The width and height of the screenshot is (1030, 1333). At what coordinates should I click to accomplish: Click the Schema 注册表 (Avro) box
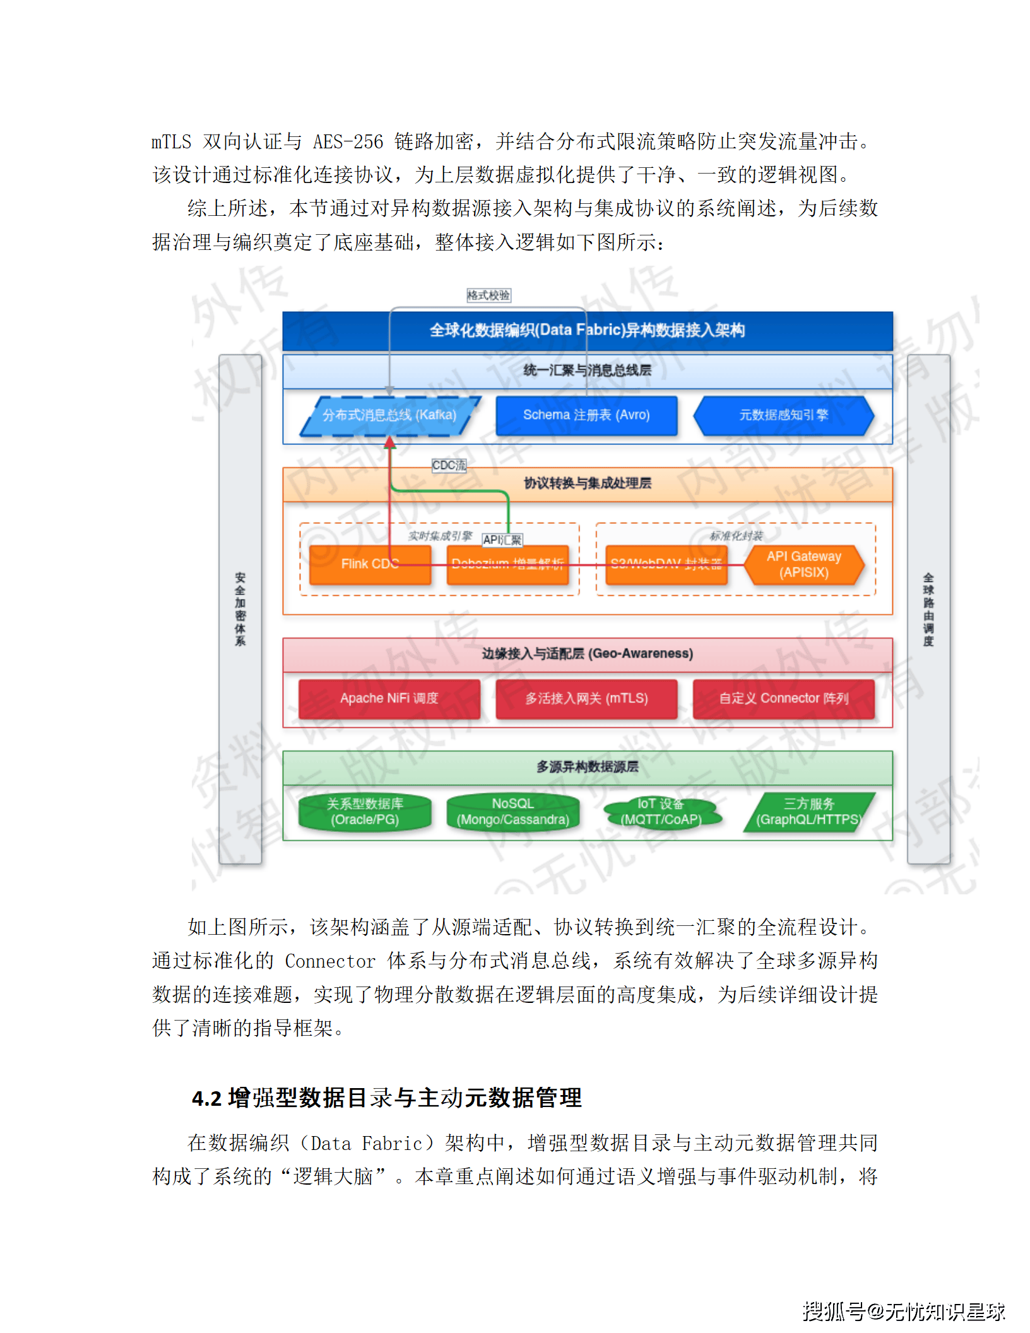pyautogui.click(x=586, y=415)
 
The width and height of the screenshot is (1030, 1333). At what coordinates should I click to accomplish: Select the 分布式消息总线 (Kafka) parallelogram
pyautogui.click(x=389, y=415)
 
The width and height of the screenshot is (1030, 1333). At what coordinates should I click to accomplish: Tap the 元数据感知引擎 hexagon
pyautogui.click(x=783, y=415)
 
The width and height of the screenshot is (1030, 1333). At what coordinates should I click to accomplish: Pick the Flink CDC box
pyautogui.click(x=370, y=564)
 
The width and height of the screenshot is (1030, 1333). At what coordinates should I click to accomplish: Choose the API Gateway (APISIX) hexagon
pyautogui.click(x=803, y=564)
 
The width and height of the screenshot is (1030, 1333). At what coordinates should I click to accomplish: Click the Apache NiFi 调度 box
pyautogui.click(x=389, y=698)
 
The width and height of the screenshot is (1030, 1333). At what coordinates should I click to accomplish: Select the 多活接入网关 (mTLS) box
pyautogui.click(x=586, y=698)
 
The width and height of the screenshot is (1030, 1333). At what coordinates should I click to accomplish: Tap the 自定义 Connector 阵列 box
pyautogui.click(x=783, y=698)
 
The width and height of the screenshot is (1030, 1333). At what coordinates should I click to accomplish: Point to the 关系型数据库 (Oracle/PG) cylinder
pyautogui.click(x=365, y=812)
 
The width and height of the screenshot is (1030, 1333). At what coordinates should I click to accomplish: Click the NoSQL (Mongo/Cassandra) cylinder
pyautogui.click(x=512, y=812)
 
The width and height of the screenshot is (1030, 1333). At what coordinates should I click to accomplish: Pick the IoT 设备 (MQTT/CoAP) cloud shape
pyautogui.click(x=661, y=812)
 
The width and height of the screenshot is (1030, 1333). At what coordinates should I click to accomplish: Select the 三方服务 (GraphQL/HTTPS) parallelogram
pyautogui.click(x=808, y=812)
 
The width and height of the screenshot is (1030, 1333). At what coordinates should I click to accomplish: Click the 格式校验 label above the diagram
pyautogui.click(x=488, y=295)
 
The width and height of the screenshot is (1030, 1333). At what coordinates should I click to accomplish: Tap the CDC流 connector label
pyautogui.click(x=449, y=465)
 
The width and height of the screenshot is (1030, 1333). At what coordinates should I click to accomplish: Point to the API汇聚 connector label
pyautogui.click(x=502, y=540)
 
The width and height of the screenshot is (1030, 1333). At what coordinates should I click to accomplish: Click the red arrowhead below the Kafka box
pyautogui.click(x=390, y=442)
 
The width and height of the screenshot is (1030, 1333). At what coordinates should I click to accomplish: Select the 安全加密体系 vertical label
pyautogui.click(x=240, y=609)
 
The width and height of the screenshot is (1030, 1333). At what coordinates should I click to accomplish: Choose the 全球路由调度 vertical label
pyautogui.click(x=928, y=609)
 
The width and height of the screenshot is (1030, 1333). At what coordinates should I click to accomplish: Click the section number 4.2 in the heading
pyautogui.click(x=206, y=1099)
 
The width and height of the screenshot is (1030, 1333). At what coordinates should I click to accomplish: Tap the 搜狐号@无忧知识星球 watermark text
pyautogui.click(x=903, y=1311)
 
